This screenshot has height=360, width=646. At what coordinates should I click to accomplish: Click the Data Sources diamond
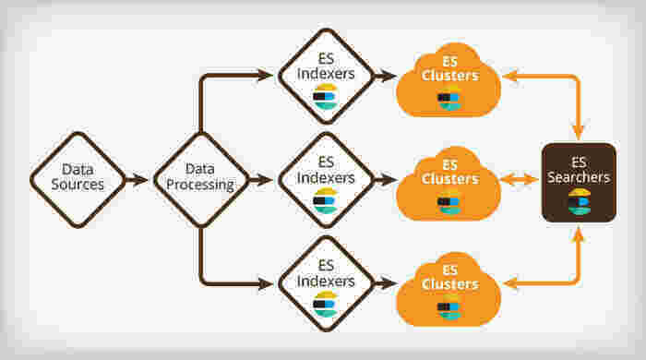point(78,179)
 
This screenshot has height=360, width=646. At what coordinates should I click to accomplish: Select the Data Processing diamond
point(200,179)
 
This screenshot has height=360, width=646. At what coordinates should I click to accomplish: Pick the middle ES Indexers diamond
point(325,179)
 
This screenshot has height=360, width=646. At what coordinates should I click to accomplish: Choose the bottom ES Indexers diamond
point(325,282)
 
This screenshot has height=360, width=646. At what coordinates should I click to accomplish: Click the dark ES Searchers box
point(579,182)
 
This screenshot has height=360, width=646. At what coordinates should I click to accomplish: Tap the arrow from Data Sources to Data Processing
point(137,180)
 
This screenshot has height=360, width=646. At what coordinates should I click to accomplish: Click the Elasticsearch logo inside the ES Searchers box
point(579,202)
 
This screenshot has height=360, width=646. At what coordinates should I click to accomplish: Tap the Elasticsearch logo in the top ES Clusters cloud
point(449,100)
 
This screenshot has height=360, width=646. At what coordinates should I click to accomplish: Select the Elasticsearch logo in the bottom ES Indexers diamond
point(325,305)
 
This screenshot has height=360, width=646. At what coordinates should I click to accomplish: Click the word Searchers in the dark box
point(579,177)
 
